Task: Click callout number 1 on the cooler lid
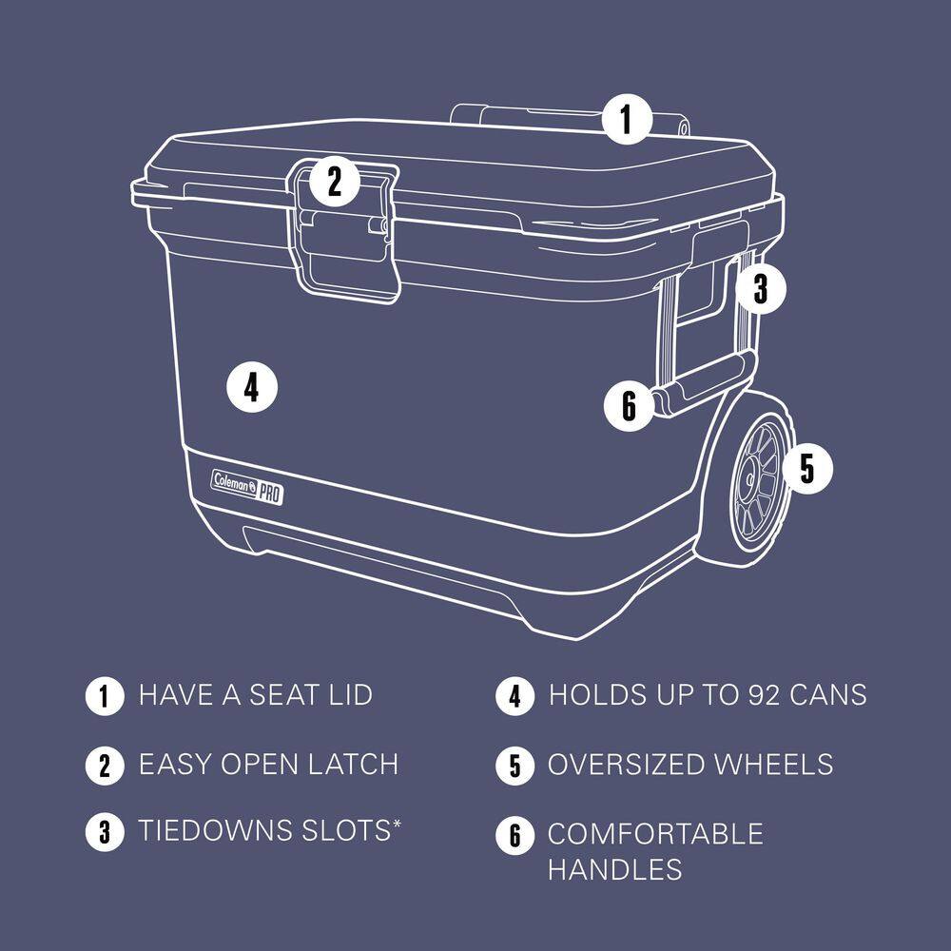[626, 120]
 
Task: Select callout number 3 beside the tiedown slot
[760, 288]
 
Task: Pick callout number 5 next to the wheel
[806, 468]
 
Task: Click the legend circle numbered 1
[105, 696]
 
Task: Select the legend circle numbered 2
[105, 766]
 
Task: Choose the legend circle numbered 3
[105, 832]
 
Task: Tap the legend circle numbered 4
[514, 696]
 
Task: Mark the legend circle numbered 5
[514, 766]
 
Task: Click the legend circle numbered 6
[514, 836]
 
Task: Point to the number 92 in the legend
[744, 695]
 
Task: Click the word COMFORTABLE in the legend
[655, 834]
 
